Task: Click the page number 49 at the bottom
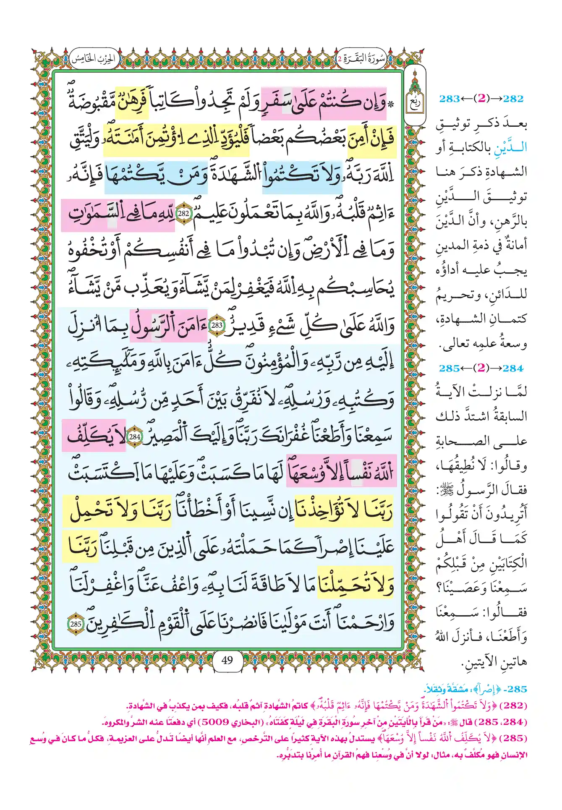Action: [227, 660]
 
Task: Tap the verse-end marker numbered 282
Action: [183, 213]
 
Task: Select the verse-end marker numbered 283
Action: [217, 325]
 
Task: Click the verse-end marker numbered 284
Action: [135, 436]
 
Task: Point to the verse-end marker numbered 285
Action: [76, 624]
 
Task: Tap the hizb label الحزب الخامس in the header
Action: [93, 59]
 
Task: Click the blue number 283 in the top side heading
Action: [449, 99]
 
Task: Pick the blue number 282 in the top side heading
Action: [513, 99]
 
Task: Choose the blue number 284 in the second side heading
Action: [513, 368]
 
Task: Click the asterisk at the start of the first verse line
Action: [391, 105]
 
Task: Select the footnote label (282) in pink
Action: [515, 706]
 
